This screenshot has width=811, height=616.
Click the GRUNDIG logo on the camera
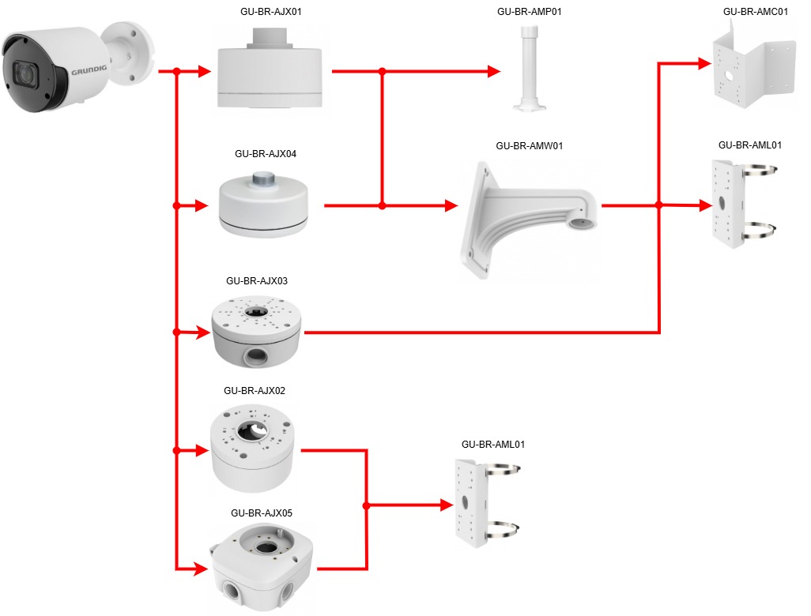89,71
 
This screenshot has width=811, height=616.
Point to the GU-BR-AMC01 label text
755,12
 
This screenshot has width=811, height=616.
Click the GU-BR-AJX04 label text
266,154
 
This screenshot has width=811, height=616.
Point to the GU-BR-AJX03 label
256,280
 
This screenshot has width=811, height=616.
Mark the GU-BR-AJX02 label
255,390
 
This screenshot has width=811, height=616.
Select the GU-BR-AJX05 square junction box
260,565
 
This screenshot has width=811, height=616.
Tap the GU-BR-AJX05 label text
262,513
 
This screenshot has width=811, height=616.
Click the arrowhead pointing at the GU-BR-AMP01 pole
494,71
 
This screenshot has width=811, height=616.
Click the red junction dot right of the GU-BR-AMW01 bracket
658,205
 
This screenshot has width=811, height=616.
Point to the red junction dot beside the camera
176,72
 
